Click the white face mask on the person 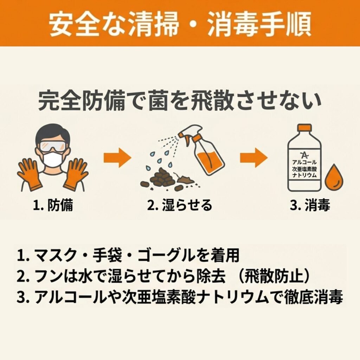53,160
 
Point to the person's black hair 53,133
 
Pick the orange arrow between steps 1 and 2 117,158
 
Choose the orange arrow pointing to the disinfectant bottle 254,158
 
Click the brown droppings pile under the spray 161,179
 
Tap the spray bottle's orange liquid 209,161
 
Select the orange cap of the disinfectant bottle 304,127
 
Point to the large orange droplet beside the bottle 334,176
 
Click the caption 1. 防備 53,205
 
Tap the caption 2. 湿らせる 180,205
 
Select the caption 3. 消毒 310,205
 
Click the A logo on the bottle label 304,155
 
